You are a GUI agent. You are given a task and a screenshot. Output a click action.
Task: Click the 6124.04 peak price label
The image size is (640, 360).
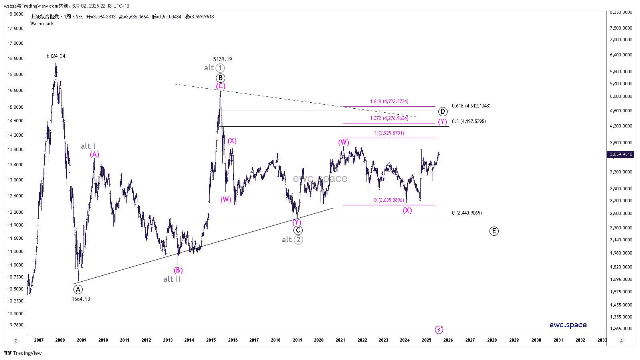click(56, 56)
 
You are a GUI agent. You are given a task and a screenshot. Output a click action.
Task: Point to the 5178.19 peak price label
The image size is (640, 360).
click(222, 59)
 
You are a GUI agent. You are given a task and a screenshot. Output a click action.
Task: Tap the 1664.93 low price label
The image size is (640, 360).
click(81, 299)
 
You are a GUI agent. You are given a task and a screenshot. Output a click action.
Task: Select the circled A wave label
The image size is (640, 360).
click(78, 289)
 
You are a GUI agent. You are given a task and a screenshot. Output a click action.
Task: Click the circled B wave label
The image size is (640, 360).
click(220, 78)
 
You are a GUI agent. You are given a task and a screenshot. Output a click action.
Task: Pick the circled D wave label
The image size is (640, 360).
click(442, 111)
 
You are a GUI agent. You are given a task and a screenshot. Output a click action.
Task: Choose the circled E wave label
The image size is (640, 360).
click(494, 231)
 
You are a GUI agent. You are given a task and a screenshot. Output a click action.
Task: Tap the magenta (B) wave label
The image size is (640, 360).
click(178, 270)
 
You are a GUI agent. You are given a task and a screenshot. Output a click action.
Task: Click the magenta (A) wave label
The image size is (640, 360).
click(94, 155)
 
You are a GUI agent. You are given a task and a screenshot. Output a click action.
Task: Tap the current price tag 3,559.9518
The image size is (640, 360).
click(621, 154)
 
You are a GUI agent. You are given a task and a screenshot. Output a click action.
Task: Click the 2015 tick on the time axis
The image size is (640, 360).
click(211, 340)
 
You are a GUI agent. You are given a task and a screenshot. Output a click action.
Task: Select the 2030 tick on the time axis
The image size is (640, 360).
click(536, 340)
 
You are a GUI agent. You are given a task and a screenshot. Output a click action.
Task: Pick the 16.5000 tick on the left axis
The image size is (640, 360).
click(16, 58)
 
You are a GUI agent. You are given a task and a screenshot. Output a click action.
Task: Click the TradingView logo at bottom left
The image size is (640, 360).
click(23, 353)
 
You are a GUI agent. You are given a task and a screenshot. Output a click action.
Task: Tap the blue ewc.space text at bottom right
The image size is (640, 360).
click(568, 325)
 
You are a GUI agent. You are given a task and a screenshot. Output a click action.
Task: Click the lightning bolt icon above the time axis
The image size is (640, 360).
click(439, 330)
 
